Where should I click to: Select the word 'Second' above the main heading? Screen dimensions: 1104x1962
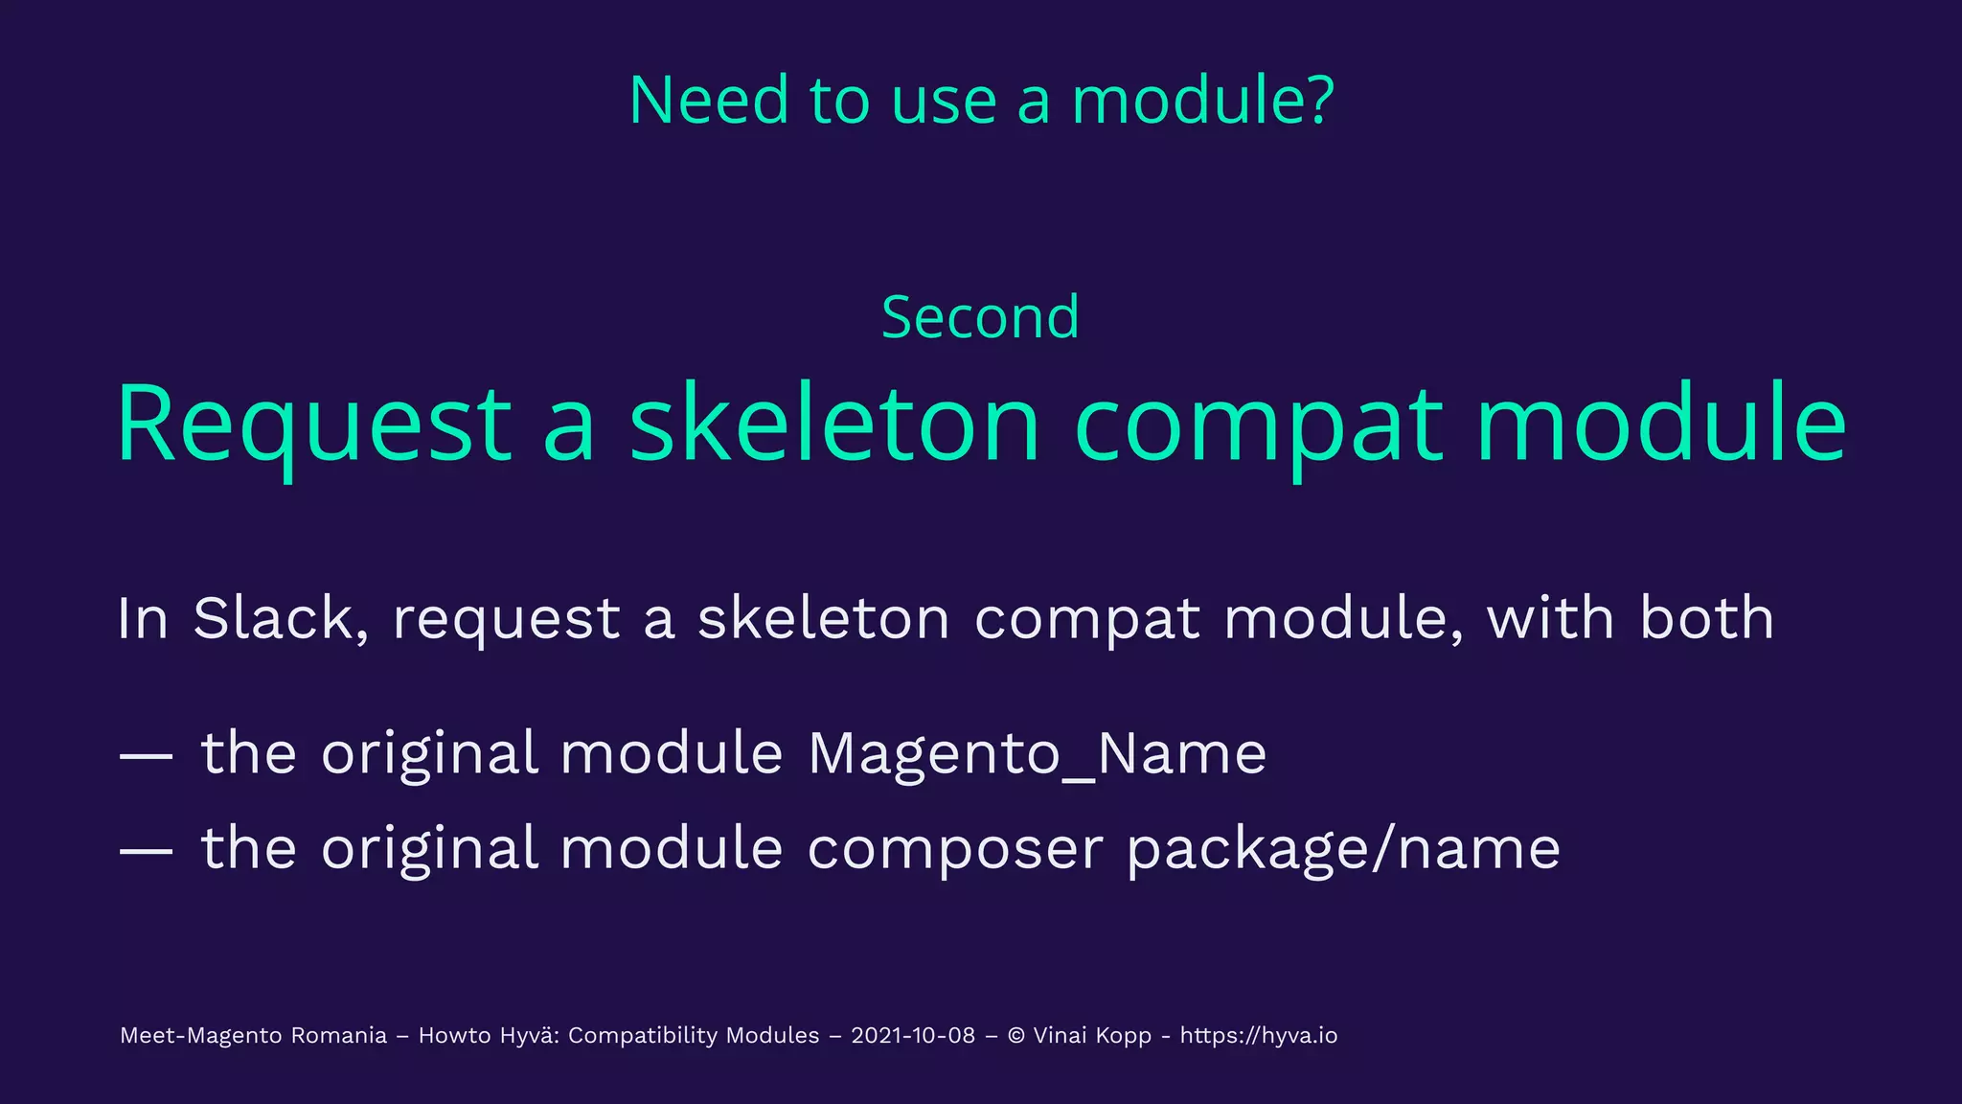pos(980,317)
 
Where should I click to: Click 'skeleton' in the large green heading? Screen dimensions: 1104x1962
pos(834,423)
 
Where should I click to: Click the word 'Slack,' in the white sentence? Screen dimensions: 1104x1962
pos(281,618)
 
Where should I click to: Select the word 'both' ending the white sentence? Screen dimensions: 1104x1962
pos(1707,617)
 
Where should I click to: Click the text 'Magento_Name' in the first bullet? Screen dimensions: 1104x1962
pos(1037,754)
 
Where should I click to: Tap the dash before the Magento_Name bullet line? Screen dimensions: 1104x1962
pos(146,755)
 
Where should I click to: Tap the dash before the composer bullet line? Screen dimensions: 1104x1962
pos(146,850)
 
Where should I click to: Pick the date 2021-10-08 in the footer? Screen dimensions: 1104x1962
pos(913,1036)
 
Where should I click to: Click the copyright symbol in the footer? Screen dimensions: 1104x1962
pos(1016,1036)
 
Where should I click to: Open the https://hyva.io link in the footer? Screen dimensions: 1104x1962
pos(1258,1036)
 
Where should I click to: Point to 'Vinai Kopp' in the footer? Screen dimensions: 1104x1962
pos(1092,1036)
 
